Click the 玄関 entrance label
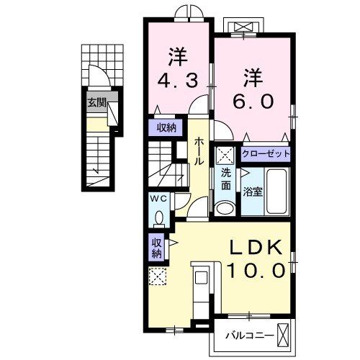[x=96, y=103]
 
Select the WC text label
[x=158, y=199]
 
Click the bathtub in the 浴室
[x=276, y=192]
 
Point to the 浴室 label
[x=253, y=192]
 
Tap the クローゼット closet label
[x=266, y=153]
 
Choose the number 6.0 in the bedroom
[x=253, y=101]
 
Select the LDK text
[x=256, y=248]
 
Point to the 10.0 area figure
[x=256, y=270]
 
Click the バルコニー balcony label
[x=250, y=336]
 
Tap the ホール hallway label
[x=199, y=151]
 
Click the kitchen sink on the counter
[x=201, y=277]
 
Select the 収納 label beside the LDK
[x=157, y=248]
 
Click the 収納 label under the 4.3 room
[x=166, y=127]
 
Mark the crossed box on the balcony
[x=282, y=335]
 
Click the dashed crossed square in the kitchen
[x=158, y=276]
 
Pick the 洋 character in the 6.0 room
[x=253, y=78]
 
